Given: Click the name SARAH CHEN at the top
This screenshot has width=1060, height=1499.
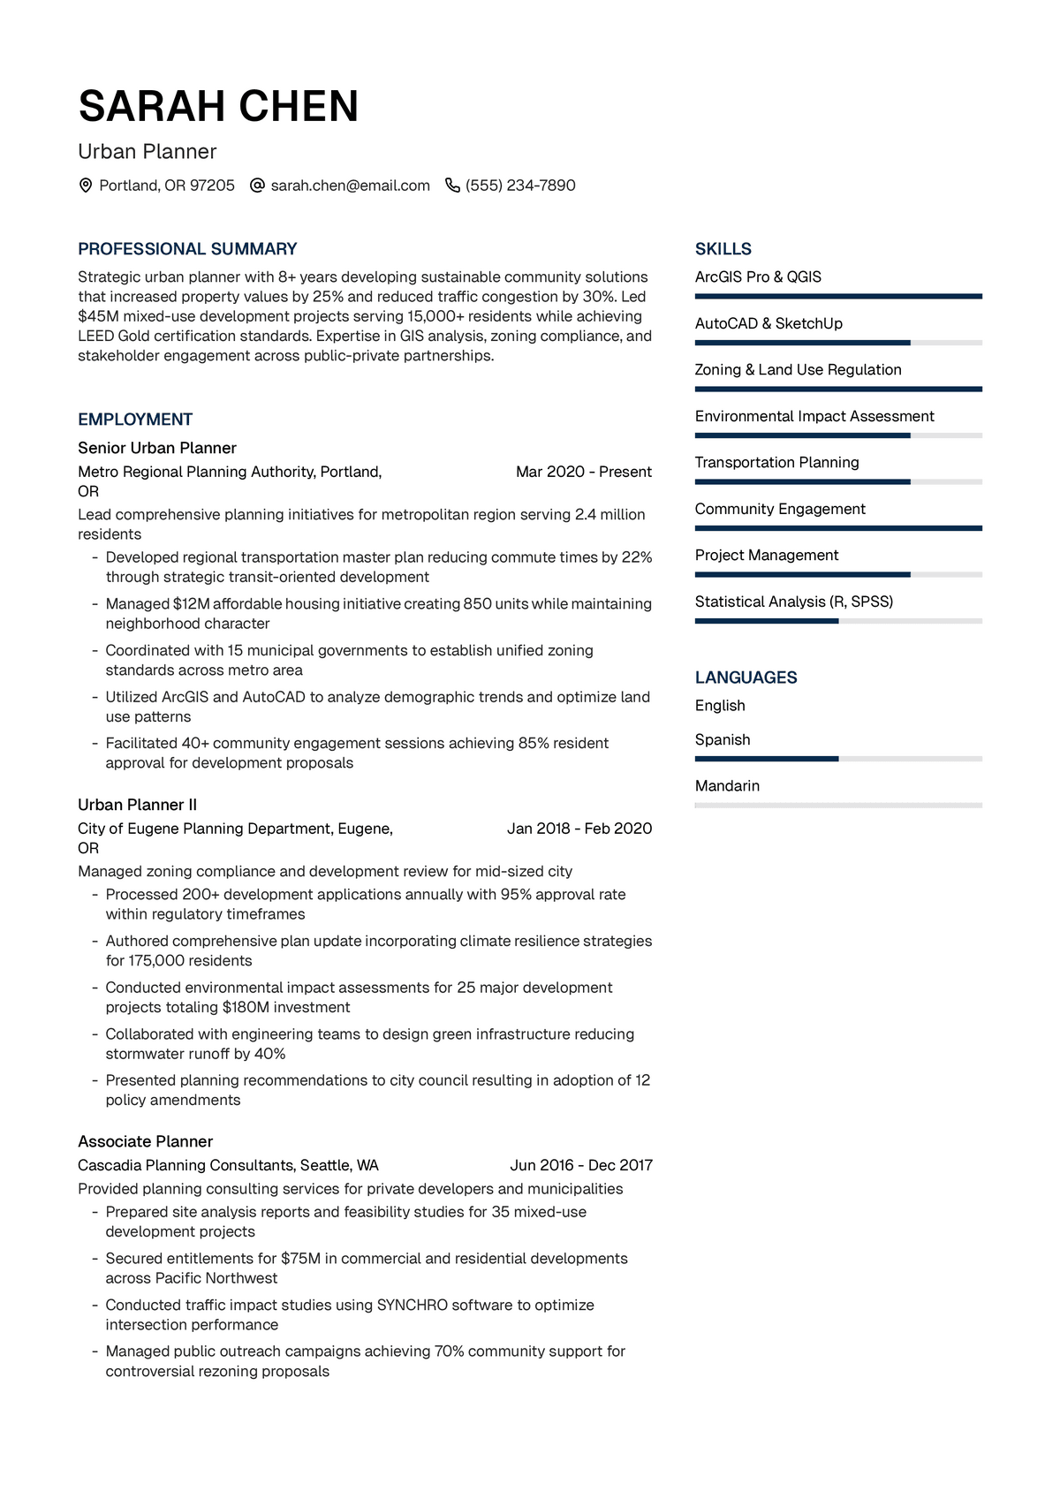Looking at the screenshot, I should click(218, 106).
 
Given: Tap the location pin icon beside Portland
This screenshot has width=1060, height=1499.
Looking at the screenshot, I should click(86, 185).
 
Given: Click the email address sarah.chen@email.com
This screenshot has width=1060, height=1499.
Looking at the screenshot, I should click(350, 185).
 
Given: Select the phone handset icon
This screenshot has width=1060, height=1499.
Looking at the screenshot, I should click(452, 185).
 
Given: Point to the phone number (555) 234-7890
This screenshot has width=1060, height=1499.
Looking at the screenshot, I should click(520, 185).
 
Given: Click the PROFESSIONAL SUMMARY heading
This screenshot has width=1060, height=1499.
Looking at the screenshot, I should click(187, 249).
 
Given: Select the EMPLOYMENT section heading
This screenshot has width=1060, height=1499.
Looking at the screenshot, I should click(135, 420).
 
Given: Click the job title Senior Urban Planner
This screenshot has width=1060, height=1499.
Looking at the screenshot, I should click(157, 448).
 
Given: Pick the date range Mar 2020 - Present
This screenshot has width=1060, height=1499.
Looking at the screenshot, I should click(583, 472).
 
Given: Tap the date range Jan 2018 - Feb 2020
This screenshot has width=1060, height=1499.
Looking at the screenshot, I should click(579, 829).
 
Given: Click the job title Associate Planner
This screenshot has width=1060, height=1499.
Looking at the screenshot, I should click(145, 1141).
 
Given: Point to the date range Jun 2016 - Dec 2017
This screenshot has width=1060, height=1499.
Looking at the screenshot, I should click(581, 1165).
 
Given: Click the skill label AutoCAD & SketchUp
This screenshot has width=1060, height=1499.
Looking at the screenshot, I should click(768, 323).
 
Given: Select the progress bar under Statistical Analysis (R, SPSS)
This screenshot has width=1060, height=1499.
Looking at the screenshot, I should click(838, 621).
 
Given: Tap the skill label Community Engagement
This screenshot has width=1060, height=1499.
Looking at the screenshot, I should click(780, 509).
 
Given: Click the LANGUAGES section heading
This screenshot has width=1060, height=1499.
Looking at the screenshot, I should click(746, 678).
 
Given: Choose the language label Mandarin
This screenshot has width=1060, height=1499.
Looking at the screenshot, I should click(727, 786).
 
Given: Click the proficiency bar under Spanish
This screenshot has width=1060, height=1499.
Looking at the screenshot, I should click(838, 759).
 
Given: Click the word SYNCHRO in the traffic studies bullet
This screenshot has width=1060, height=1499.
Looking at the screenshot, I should click(413, 1305).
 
